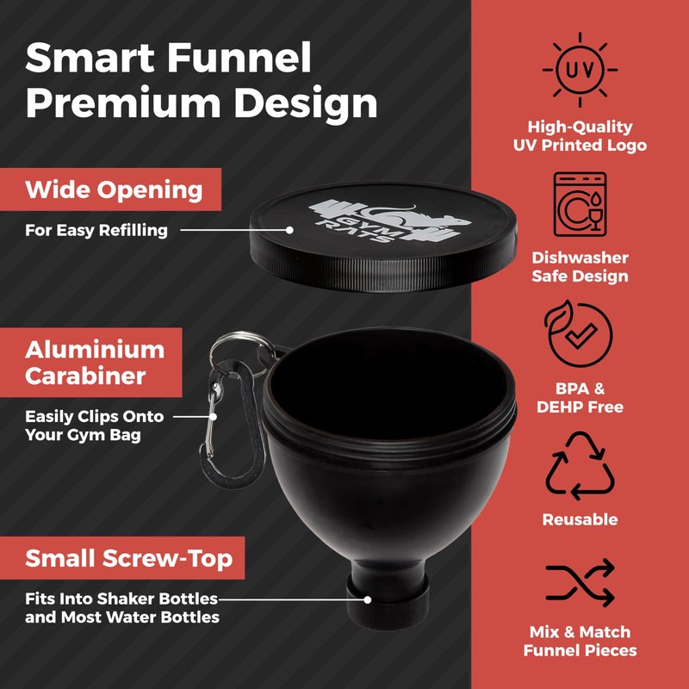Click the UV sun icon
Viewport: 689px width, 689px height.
click(x=580, y=70)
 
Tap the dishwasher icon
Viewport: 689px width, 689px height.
click(x=580, y=204)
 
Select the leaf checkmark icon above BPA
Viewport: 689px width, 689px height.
click(x=579, y=334)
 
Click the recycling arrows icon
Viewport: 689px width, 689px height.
click(x=580, y=466)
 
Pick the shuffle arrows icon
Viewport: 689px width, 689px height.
click(x=580, y=582)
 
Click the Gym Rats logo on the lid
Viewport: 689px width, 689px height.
click(x=390, y=220)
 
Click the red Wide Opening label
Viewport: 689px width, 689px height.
click(x=110, y=189)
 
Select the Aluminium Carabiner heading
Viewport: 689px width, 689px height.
click(x=95, y=363)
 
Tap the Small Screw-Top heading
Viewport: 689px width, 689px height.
click(x=128, y=558)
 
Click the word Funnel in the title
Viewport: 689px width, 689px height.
click(x=239, y=57)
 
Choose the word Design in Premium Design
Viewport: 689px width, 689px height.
click(x=306, y=102)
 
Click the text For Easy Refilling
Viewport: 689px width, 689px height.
click(x=96, y=230)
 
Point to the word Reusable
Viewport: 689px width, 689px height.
click(x=580, y=519)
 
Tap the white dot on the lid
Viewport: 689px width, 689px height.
click(x=289, y=230)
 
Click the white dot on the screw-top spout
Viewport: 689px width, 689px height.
click(x=368, y=599)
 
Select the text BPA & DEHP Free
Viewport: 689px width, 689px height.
click(x=580, y=398)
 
